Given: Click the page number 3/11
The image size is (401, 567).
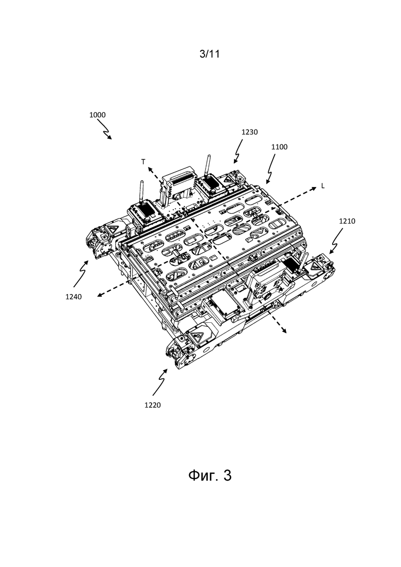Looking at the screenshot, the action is [x=210, y=54].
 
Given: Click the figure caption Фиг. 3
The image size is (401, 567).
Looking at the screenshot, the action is [x=210, y=475].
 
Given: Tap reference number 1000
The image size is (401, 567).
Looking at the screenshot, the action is [x=97, y=115].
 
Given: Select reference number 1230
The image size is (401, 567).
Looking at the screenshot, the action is [x=249, y=132].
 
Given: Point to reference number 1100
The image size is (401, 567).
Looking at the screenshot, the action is [x=279, y=147].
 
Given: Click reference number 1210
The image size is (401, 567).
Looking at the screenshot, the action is [x=347, y=222].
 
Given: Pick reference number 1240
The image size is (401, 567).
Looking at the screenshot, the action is [x=74, y=297].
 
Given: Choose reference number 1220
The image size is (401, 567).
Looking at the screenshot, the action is [x=152, y=406].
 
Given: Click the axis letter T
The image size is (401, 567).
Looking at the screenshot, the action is [x=143, y=162].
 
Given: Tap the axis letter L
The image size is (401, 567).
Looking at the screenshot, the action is [x=323, y=186].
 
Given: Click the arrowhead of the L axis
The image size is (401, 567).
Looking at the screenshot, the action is [x=314, y=188].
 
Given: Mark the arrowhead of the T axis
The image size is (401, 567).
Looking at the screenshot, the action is [x=149, y=168].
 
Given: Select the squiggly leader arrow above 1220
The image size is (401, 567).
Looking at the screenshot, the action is [x=160, y=382].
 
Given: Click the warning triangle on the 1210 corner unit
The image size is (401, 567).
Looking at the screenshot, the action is [x=312, y=267].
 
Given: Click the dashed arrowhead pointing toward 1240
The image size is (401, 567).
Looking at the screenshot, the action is [x=99, y=295].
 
